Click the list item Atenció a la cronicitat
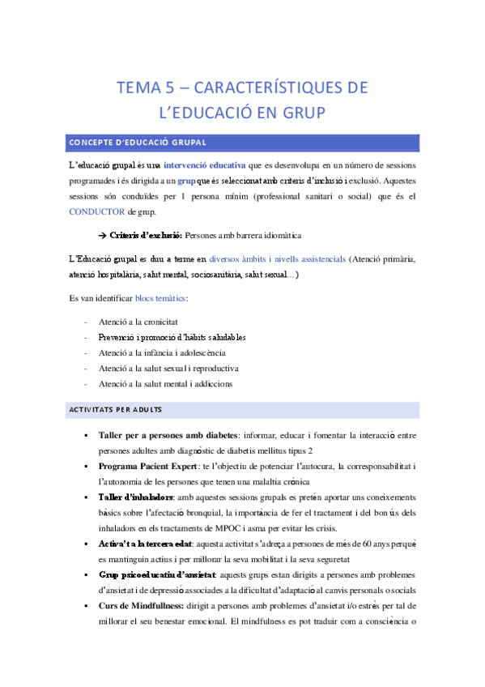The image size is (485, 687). click(x=141, y=322)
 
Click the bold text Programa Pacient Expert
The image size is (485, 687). click(x=147, y=467)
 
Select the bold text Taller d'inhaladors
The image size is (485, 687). click(x=135, y=497)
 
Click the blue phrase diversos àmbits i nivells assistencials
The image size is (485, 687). click(x=277, y=259)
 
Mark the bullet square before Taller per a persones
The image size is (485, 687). click(x=85, y=436)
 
